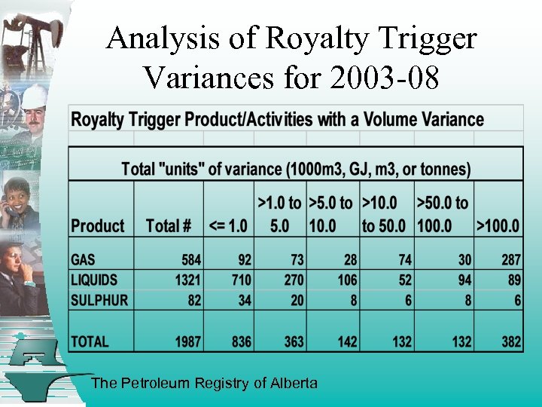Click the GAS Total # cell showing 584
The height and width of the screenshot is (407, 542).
[x=191, y=260]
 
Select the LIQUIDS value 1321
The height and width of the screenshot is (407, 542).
[x=187, y=280]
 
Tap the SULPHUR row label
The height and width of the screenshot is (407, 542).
[x=99, y=299]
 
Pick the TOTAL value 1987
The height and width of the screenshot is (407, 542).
[x=187, y=341]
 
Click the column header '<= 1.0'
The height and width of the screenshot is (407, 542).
[x=228, y=225]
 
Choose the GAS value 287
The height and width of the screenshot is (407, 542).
[x=511, y=260]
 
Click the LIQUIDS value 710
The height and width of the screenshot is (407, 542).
[x=241, y=280]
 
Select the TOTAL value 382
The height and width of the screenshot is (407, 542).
[x=511, y=341]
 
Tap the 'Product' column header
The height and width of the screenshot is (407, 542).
[x=98, y=225]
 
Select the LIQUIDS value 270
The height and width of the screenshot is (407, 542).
[x=294, y=280]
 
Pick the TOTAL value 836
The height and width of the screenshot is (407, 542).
[x=241, y=341]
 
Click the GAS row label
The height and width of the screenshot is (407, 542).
[x=83, y=260]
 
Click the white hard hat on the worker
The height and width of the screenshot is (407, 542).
[x=33, y=96]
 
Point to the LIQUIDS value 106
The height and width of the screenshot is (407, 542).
[x=347, y=280]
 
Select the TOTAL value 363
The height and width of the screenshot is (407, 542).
[x=294, y=341]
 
